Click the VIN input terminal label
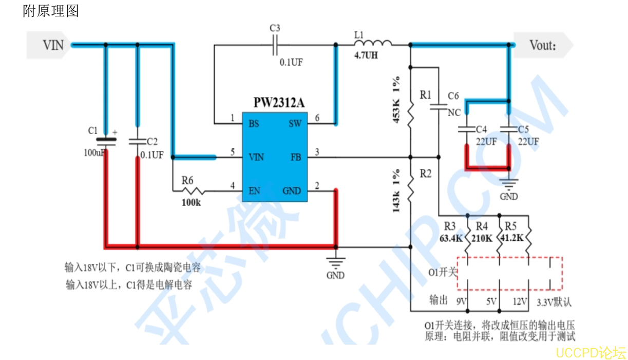(x=52, y=45)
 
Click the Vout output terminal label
(x=543, y=45)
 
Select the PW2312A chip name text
(x=279, y=103)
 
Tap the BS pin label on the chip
(x=254, y=124)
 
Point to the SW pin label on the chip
(x=295, y=124)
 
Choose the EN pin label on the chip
(x=254, y=191)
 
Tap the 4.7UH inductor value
(x=366, y=55)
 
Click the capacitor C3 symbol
(x=275, y=46)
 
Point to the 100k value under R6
(x=191, y=203)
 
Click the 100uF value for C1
(x=94, y=153)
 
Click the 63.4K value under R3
(x=451, y=238)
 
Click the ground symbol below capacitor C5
(x=509, y=184)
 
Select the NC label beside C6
(x=454, y=112)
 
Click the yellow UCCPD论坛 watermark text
(x=591, y=353)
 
